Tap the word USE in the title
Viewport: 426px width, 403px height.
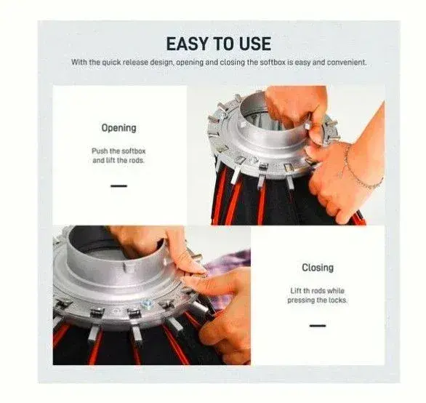tap(255, 44)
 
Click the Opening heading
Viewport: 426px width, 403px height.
tap(118, 128)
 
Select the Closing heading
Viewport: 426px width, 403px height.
tap(318, 267)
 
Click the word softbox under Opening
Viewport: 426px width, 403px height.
tap(134, 151)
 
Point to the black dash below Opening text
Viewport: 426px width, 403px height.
tap(118, 186)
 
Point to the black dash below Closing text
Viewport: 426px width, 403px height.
tap(318, 325)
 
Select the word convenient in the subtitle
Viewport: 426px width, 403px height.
tap(346, 63)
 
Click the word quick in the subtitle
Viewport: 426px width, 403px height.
tap(111, 63)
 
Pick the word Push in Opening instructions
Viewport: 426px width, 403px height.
tap(100, 151)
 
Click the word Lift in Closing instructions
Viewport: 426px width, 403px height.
tap(296, 291)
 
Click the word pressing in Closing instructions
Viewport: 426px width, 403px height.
tap(299, 300)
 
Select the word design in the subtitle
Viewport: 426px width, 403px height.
tap(162, 63)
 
